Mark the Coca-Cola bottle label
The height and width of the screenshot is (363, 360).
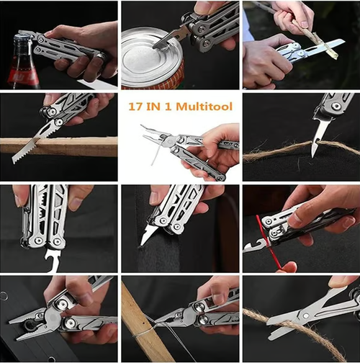point(22,72)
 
